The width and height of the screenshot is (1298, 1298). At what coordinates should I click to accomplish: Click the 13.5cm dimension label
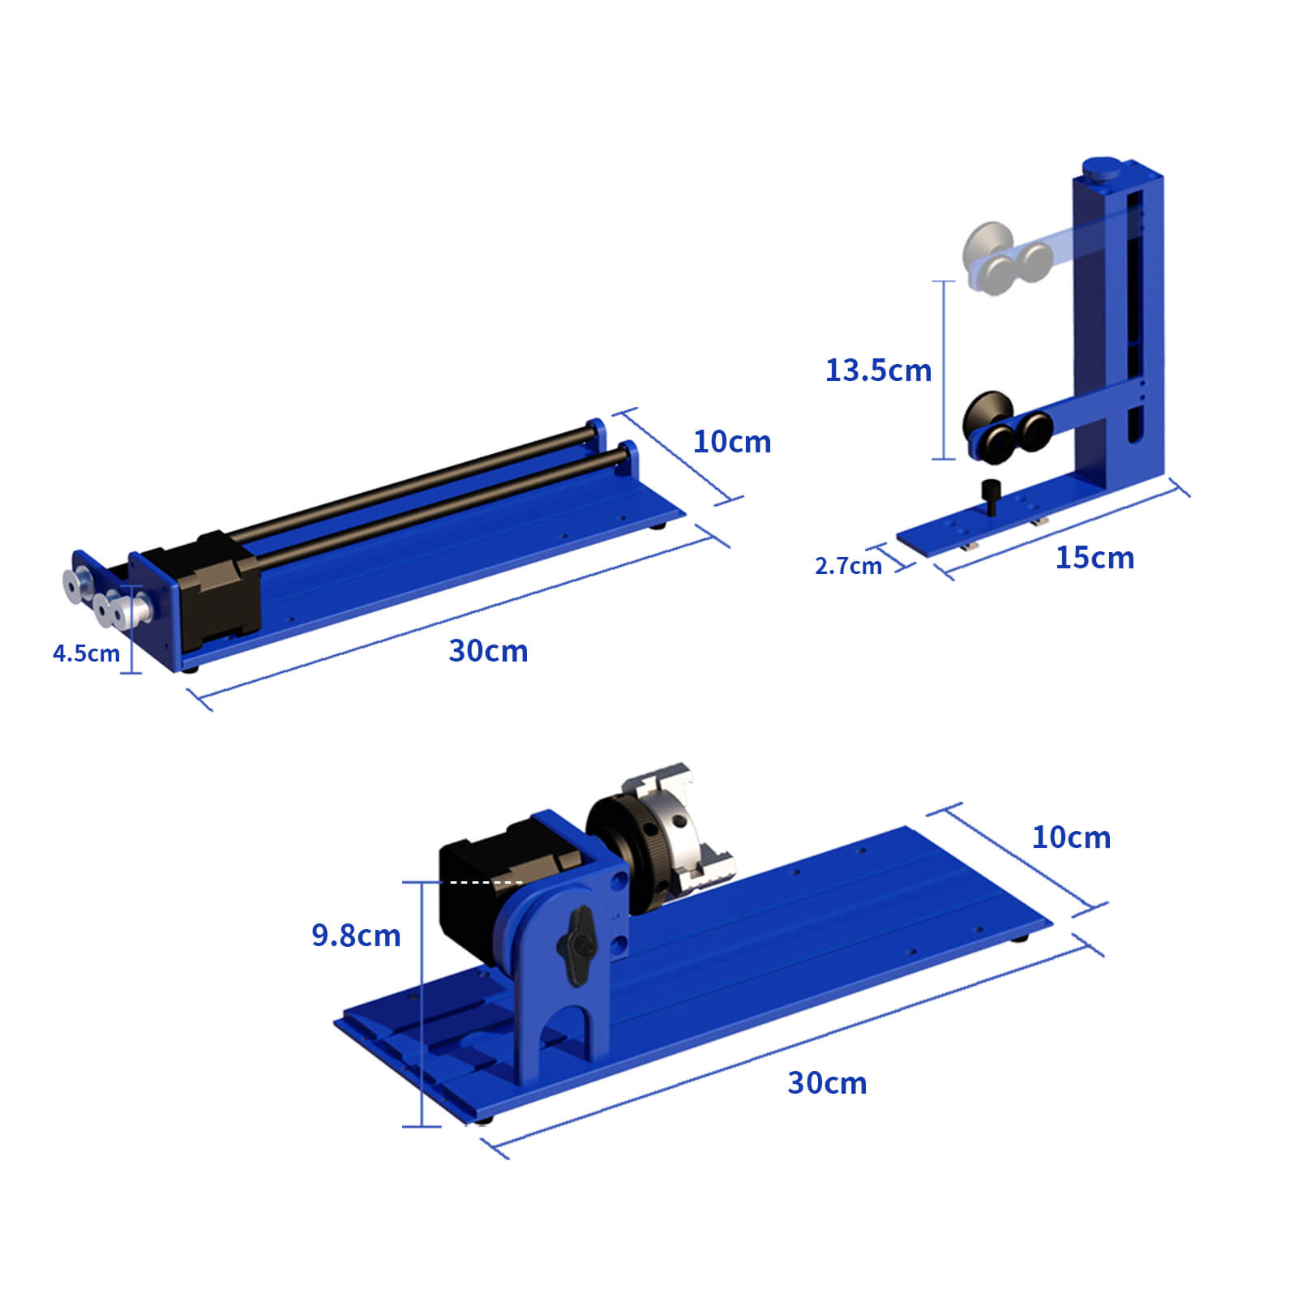click(x=878, y=371)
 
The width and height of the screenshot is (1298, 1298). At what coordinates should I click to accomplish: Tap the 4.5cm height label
click(x=86, y=653)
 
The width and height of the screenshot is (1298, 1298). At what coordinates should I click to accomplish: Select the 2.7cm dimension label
click(x=848, y=566)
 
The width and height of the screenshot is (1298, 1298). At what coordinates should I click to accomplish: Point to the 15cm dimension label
click(x=1095, y=558)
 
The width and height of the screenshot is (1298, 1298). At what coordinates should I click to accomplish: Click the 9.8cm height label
click(x=356, y=936)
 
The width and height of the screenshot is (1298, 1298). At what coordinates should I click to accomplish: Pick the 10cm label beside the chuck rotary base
click(x=1071, y=837)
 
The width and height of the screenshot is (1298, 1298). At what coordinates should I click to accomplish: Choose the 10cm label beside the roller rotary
click(x=732, y=442)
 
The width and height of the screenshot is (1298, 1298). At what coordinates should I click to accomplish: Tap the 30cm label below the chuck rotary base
click(x=827, y=1083)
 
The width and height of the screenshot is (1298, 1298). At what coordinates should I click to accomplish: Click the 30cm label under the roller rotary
click(x=488, y=651)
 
